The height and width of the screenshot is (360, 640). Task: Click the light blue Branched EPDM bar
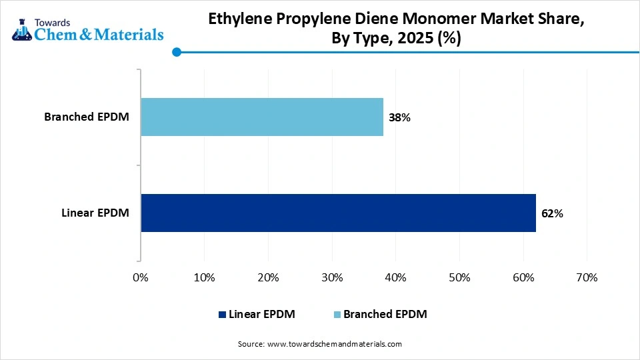pos(262,117)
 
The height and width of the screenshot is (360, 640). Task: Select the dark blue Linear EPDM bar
pos(338,213)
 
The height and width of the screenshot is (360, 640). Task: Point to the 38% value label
pos(399,118)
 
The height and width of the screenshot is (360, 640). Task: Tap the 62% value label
pos(552,214)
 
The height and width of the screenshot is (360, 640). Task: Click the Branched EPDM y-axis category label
pos(87,117)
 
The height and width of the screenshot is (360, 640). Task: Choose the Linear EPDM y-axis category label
pos(95,213)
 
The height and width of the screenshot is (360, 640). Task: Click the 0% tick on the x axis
pos(141,277)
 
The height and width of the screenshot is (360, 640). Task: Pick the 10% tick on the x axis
pos(204,277)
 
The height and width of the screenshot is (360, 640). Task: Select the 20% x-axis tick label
pos(268,277)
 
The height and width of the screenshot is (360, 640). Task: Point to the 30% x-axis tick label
pos(331,277)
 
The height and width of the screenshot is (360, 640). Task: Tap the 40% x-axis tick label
pos(395,277)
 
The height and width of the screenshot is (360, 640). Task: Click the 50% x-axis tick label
pos(459,277)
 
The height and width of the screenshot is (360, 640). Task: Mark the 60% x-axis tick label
pos(523,277)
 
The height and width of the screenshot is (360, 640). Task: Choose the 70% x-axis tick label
pos(586,277)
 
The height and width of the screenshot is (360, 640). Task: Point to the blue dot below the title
pos(176,51)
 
